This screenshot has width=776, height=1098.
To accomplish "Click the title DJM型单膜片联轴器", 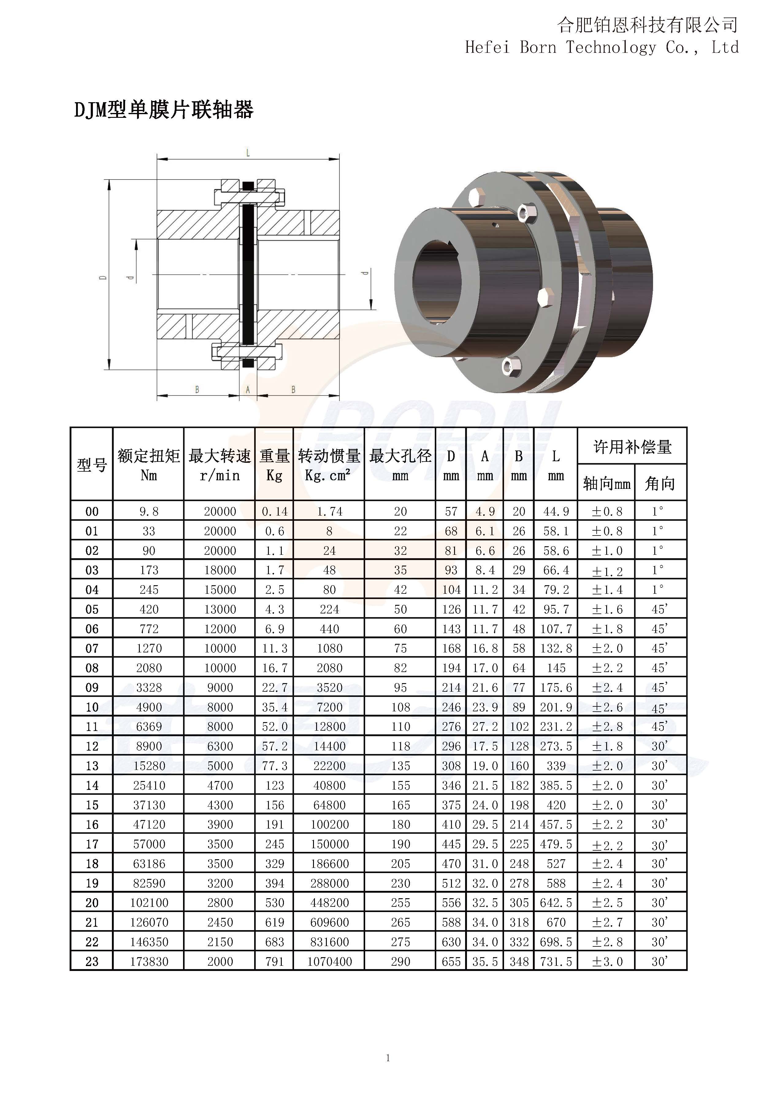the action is click(163, 110).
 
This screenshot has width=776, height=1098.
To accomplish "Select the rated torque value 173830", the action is click(149, 962).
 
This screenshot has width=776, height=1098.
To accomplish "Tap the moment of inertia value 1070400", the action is click(329, 962).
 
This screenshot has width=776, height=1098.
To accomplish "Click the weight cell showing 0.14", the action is click(275, 512).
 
